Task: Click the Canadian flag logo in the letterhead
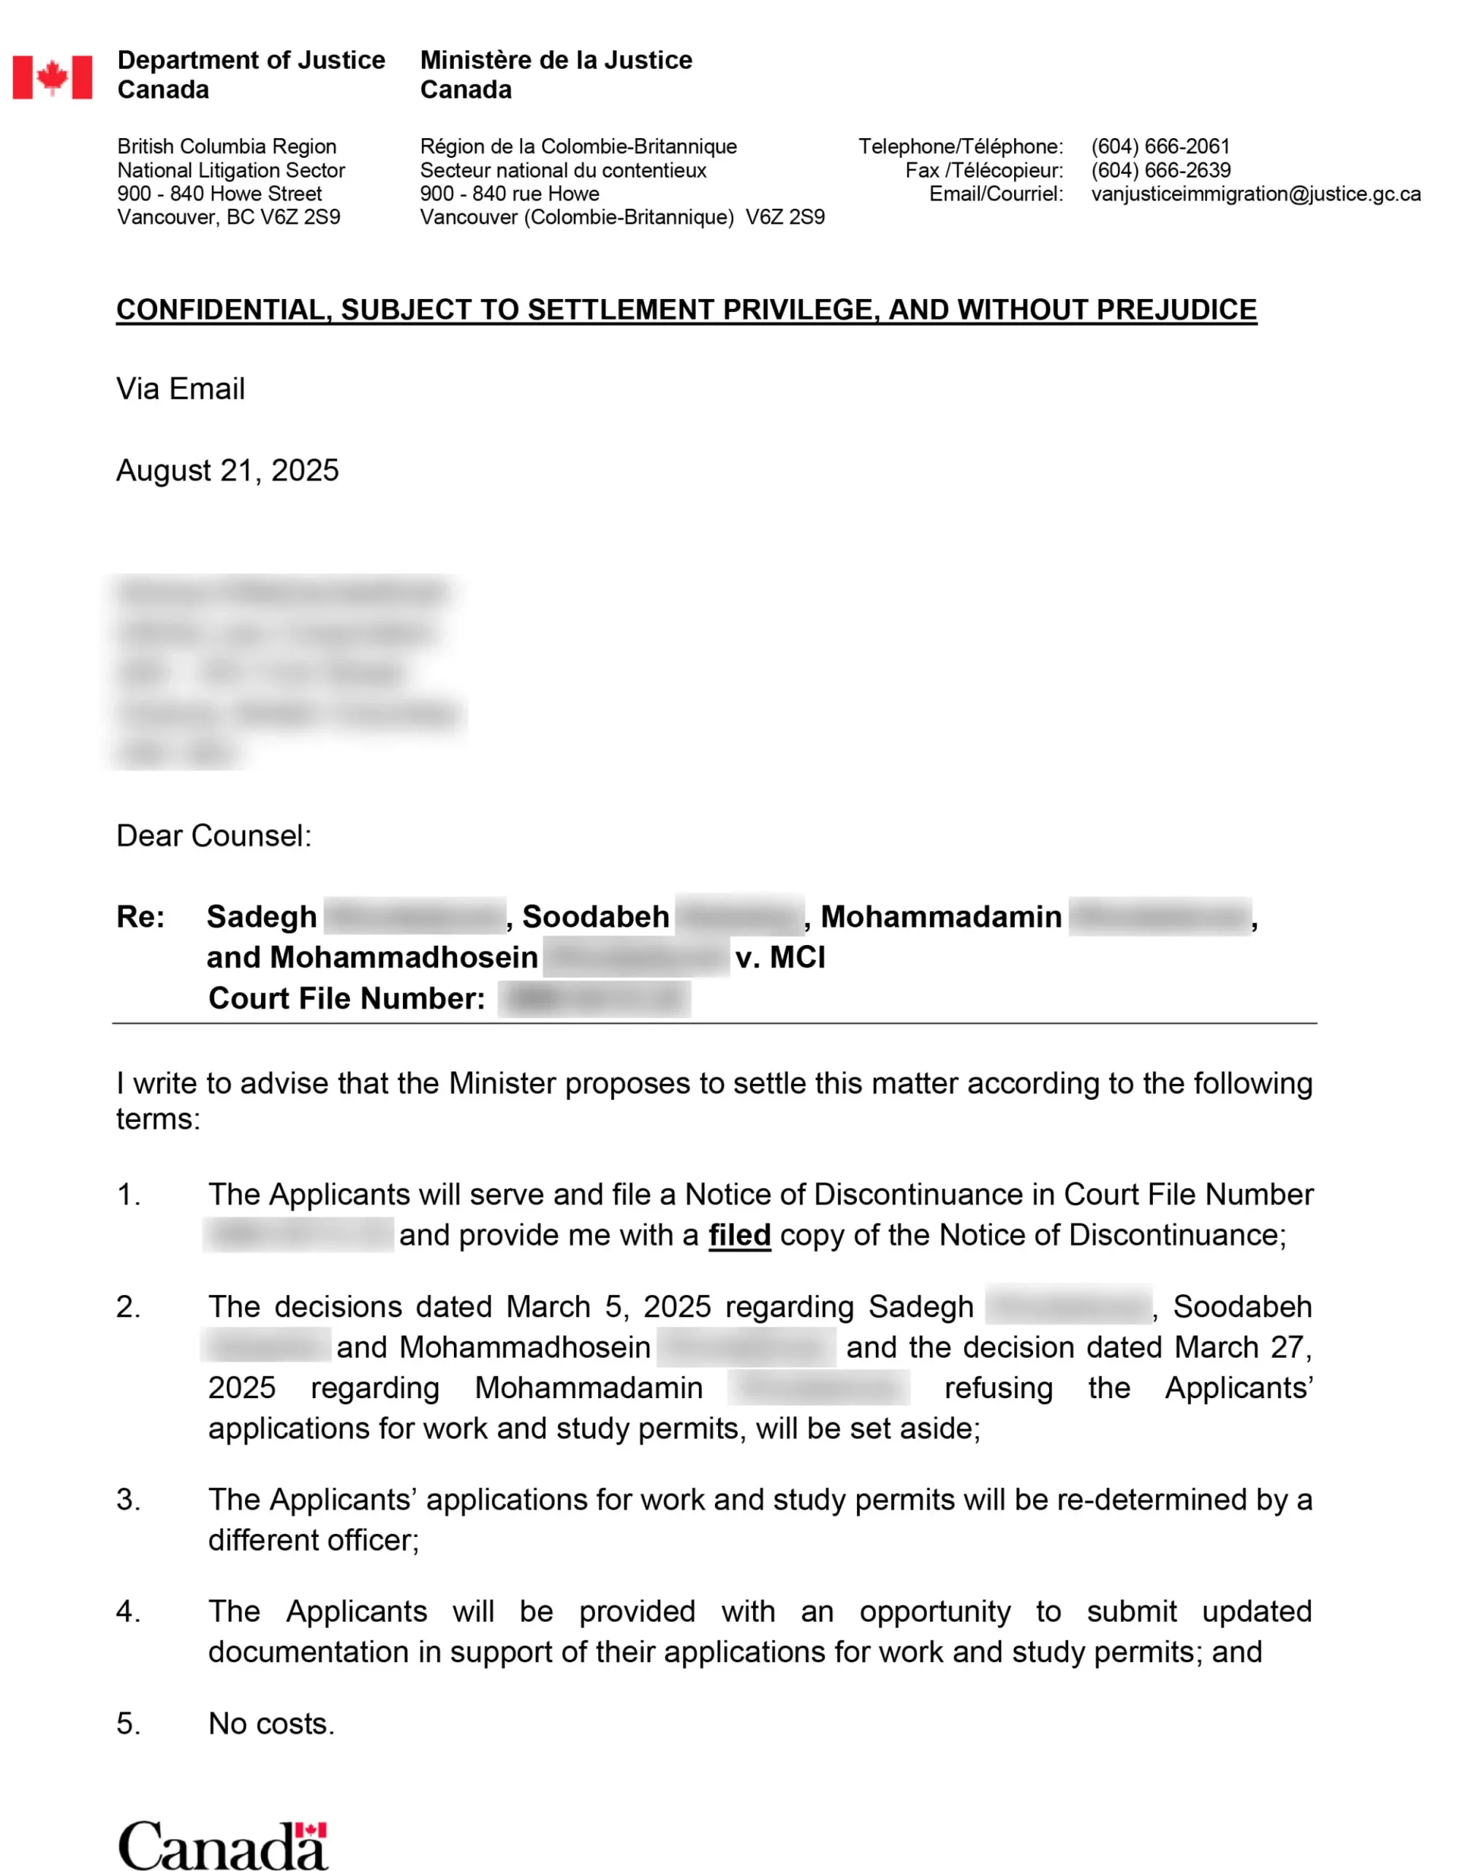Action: click(x=52, y=77)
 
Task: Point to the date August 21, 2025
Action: click(x=227, y=470)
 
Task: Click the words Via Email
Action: click(x=181, y=389)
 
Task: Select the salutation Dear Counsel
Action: click(x=213, y=835)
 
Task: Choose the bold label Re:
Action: click(x=140, y=917)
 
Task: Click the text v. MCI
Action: click(x=779, y=957)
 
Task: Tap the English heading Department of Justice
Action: click(x=251, y=60)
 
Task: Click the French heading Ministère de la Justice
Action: click(x=556, y=60)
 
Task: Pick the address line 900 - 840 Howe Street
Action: click(x=219, y=194)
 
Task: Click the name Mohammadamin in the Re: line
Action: click(x=940, y=917)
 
